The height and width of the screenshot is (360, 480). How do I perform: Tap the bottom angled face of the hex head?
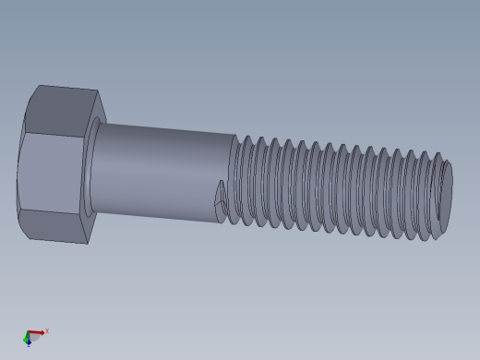(55, 227)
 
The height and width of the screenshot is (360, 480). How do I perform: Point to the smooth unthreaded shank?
(162, 171)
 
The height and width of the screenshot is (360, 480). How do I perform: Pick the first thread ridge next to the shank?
(235, 180)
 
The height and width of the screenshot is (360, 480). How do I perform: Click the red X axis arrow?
(37, 332)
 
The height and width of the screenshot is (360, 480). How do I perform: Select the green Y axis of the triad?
(26, 338)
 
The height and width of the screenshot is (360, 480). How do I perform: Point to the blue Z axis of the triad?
(29, 342)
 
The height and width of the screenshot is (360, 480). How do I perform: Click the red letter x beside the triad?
(47, 330)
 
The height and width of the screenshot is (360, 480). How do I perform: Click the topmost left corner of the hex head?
(38, 86)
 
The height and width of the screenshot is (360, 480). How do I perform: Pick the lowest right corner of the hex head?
(88, 244)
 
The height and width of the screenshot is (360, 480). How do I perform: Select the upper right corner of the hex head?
(98, 92)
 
